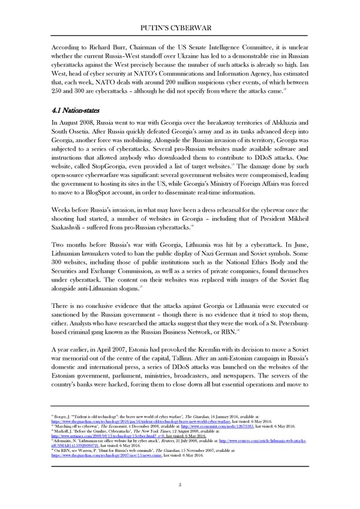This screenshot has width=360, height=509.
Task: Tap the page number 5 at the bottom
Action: (x=180, y=485)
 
